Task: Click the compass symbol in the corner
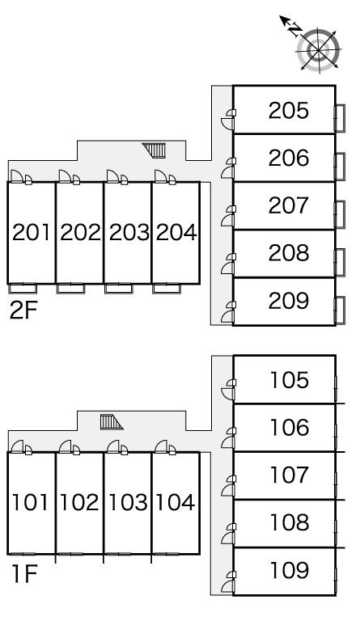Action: tap(319, 49)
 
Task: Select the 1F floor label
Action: tap(23, 575)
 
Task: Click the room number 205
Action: tap(289, 110)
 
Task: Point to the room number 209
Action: tap(289, 302)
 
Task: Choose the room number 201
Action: tap(31, 233)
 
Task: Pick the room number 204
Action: tap(176, 233)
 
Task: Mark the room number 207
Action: tap(289, 205)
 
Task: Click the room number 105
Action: tap(289, 379)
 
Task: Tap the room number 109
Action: tap(289, 571)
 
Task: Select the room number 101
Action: tap(31, 503)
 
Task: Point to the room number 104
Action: tap(176, 503)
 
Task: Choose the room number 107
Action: tap(289, 475)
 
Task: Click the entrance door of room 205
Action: tap(231, 119)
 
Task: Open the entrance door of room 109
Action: tap(231, 579)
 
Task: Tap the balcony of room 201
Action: tap(23, 288)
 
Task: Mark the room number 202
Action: tap(79, 233)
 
